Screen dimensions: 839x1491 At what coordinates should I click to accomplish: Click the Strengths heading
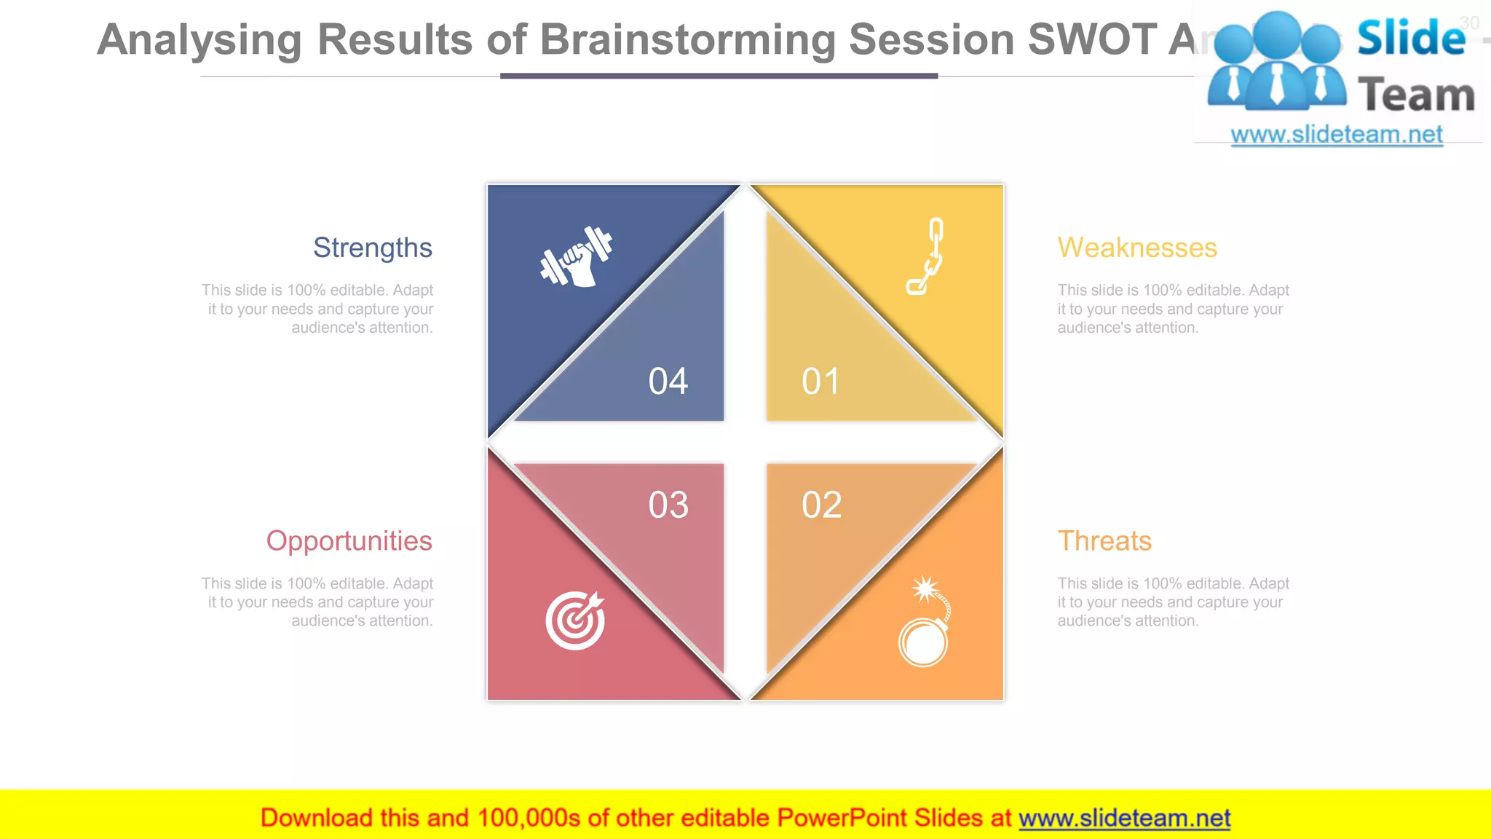coord(372,248)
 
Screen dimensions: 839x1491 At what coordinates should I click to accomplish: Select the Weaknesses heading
coord(1137,248)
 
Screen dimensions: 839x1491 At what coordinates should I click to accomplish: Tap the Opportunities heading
coord(349,541)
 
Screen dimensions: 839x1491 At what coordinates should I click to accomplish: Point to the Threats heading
coord(1104,541)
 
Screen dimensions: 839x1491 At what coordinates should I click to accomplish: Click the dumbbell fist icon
coord(576,257)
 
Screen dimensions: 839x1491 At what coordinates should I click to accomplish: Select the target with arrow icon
coord(575,620)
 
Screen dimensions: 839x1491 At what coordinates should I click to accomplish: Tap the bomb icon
coord(925,623)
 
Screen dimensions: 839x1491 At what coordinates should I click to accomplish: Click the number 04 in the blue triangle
coord(668,382)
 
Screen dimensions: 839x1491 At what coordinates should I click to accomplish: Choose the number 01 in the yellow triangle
coord(820,382)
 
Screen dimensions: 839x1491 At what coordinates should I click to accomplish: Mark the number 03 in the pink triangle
coord(668,505)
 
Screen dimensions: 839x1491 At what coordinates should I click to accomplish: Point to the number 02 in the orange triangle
coord(821,505)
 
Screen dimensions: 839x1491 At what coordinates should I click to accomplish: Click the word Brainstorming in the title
coord(687,39)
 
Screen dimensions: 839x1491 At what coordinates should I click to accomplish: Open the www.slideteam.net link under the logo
coord(1337,135)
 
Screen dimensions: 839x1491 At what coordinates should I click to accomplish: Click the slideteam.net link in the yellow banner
coord(1124,819)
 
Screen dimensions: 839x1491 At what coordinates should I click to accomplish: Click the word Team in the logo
coord(1416,95)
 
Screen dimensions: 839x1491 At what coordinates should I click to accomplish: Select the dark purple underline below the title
coord(719,76)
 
